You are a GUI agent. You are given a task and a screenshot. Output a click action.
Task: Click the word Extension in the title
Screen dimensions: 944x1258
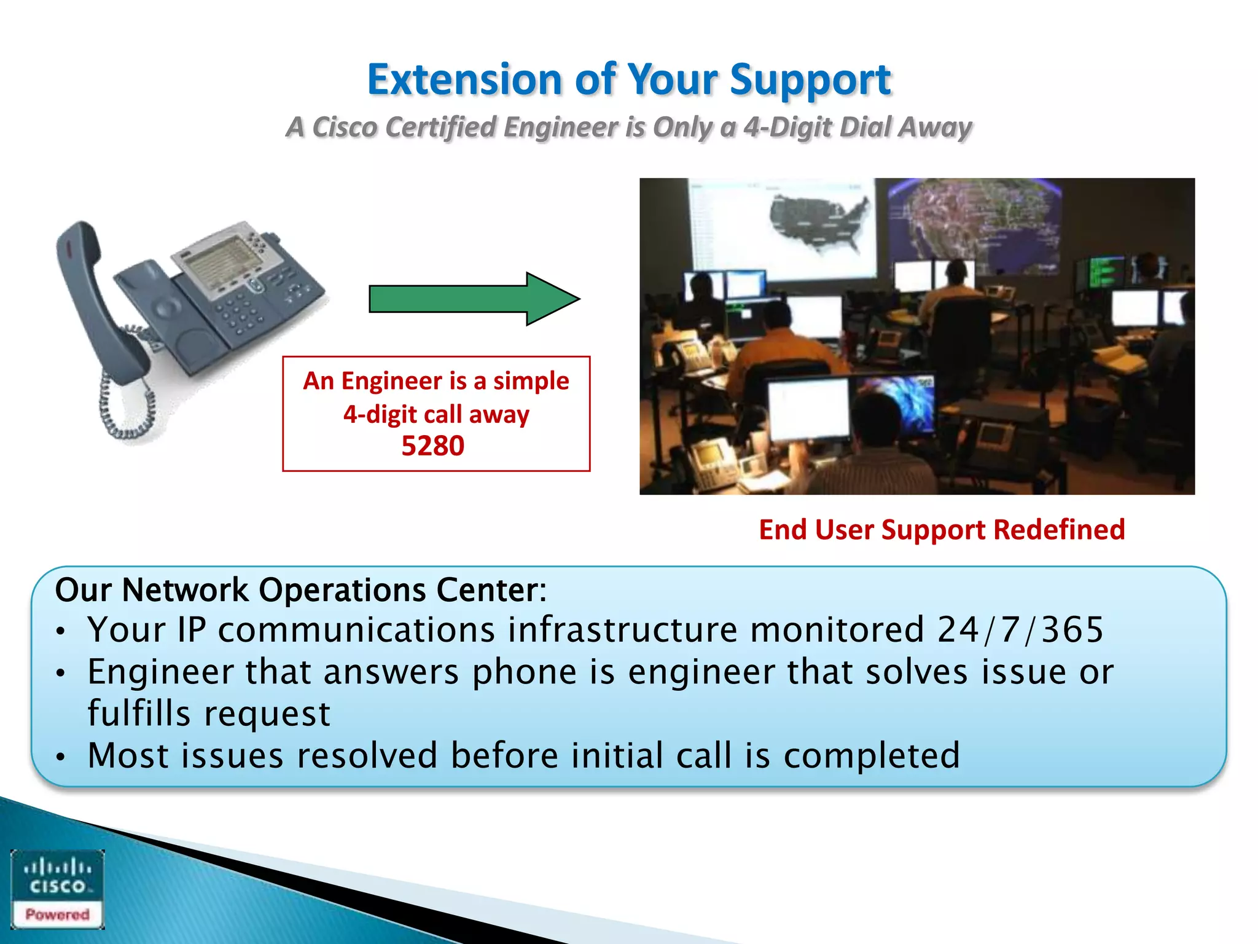pos(464,80)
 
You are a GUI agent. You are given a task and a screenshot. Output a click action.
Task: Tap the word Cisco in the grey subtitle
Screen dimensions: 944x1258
pos(344,127)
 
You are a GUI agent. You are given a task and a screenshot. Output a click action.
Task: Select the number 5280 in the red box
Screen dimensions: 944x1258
pos(433,446)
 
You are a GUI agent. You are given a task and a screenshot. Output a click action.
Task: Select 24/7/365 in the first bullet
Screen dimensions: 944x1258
pos(1020,630)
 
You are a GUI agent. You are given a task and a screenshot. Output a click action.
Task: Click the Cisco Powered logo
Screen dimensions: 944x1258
pos(58,889)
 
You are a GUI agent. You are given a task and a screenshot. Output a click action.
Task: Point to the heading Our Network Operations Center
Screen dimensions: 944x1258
pos(300,590)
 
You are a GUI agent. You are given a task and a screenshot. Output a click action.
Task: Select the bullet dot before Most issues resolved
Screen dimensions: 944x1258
pos(60,757)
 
